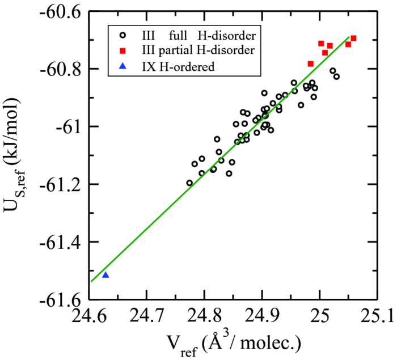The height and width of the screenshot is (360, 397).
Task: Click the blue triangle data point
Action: [105, 275]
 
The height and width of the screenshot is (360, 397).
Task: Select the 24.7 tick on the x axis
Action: [146, 316]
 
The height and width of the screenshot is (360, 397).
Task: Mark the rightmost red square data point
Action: [353, 39]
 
